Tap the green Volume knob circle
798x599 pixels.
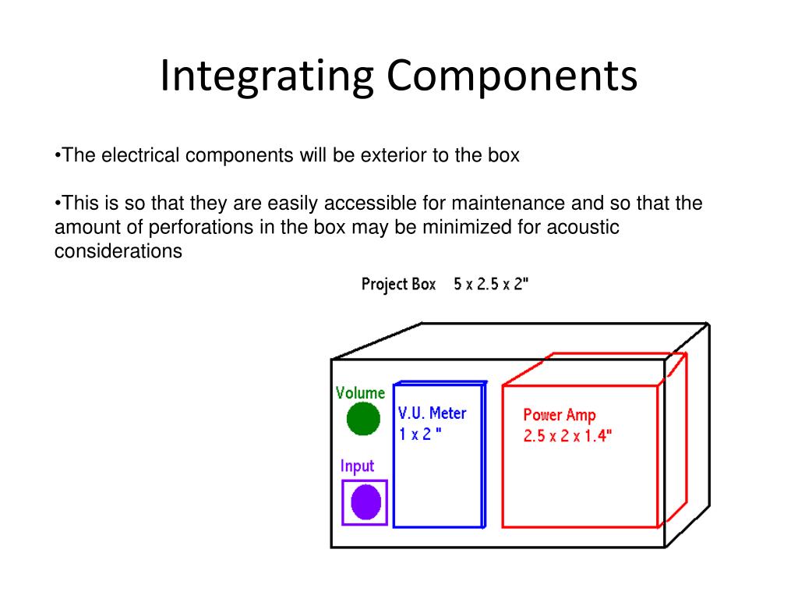point(363,419)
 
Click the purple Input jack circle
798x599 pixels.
point(365,502)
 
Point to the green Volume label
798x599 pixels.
point(360,393)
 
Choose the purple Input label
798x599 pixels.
point(357,466)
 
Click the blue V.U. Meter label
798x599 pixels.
point(432,413)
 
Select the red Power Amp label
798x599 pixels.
point(560,415)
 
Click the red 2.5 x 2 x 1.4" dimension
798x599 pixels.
point(568,436)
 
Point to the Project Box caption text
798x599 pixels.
point(398,285)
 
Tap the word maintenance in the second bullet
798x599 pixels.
point(508,204)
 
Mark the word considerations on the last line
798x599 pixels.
point(118,251)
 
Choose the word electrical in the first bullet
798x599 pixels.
point(138,156)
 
